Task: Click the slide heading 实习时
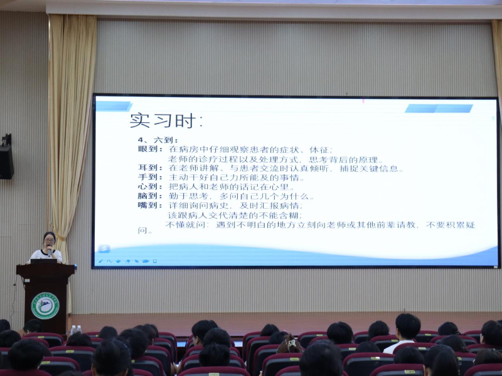point(166,120)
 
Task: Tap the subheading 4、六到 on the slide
point(158,140)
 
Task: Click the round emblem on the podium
point(45,306)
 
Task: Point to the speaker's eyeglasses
point(49,239)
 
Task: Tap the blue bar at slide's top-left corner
point(113,106)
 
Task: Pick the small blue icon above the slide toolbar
point(104,249)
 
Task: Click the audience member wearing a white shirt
point(402,338)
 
